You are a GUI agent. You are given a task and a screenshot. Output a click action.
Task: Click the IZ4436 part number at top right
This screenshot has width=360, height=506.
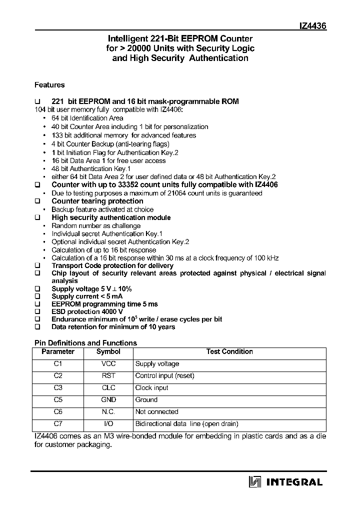pyautogui.click(x=312, y=26)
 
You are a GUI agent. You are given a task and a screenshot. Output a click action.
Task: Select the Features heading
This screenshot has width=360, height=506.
pyautogui.click(x=49, y=85)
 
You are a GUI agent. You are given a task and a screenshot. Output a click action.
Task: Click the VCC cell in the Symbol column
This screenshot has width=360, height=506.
pyautogui.click(x=108, y=364)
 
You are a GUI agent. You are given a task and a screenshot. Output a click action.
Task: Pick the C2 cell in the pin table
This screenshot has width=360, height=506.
pyautogui.click(x=58, y=376)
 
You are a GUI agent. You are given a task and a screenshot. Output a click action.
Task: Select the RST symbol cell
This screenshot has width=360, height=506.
pyautogui.click(x=108, y=376)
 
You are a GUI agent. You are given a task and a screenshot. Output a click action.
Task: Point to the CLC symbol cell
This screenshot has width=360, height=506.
pyautogui.click(x=108, y=388)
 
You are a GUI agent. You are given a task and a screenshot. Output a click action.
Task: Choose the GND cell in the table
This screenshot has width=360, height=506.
pyautogui.click(x=108, y=400)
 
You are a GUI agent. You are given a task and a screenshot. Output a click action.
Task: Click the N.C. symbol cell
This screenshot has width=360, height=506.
pyautogui.click(x=108, y=412)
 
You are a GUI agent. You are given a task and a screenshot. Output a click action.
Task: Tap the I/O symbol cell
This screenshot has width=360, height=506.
pyautogui.click(x=108, y=424)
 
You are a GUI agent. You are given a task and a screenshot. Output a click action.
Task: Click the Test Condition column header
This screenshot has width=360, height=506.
pyautogui.click(x=229, y=352)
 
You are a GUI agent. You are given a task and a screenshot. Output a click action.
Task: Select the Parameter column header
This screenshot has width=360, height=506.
pyautogui.click(x=58, y=352)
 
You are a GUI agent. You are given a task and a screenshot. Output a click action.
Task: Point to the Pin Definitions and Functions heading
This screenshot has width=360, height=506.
pyautogui.click(x=85, y=343)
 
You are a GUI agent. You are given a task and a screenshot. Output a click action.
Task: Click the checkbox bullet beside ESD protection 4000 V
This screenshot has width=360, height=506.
pyautogui.click(x=37, y=311)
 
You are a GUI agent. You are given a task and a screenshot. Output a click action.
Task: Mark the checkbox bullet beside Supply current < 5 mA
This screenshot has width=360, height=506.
pyautogui.click(x=37, y=297)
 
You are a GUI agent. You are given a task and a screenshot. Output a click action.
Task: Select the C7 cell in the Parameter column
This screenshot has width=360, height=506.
pyautogui.click(x=58, y=424)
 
